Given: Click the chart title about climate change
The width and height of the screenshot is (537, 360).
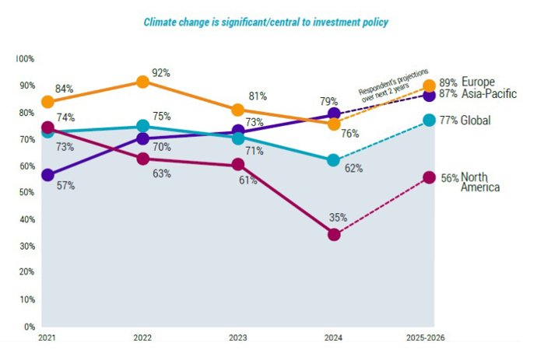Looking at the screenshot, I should coord(266,22).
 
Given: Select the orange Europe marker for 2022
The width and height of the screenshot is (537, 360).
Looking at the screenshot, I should coord(142,82).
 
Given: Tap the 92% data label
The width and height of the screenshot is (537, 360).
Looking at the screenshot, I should coord(161,72).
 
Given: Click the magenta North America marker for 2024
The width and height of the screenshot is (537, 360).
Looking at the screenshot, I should coord(334,234).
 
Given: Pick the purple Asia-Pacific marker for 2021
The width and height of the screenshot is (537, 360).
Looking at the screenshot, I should coord(47,175).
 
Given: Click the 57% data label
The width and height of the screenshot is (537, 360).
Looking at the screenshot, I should coord(65,187).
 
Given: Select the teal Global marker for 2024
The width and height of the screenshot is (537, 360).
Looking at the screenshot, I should coord(334,160).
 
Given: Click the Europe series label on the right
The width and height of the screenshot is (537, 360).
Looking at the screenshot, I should coord(477,82).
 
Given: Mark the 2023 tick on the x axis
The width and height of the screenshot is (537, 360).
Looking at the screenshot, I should coord(238,337).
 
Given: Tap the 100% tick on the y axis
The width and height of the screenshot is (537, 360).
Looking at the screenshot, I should coord(25,59).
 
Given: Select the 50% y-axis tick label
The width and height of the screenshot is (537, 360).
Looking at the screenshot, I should coord(26,192).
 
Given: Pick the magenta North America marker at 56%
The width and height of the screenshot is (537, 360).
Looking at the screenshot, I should coord(429,177).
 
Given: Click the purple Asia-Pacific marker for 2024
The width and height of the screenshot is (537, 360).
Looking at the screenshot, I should coord(334,115).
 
